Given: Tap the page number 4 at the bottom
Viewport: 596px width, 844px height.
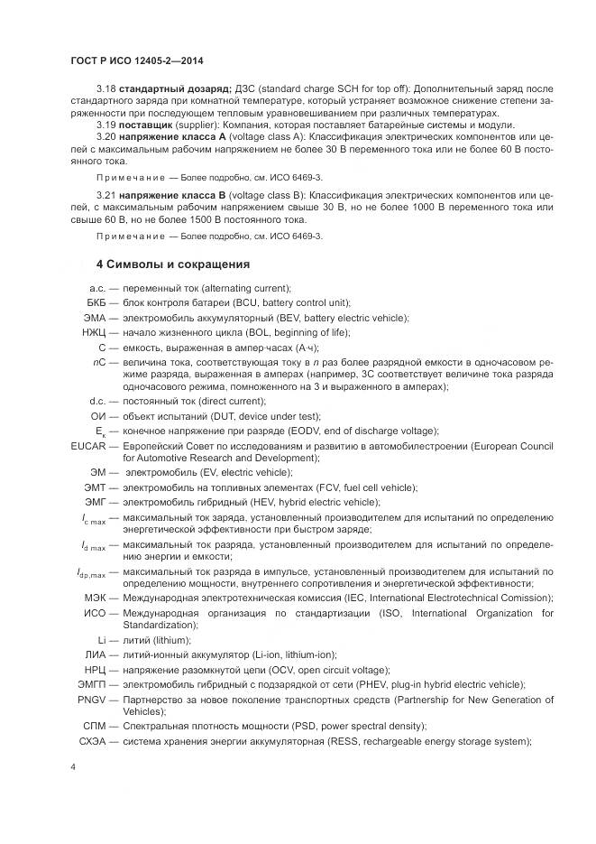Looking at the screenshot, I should click(x=73, y=766).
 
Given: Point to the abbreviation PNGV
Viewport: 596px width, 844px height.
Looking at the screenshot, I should click(x=93, y=699).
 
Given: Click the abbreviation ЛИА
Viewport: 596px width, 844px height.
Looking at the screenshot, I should click(x=96, y=654).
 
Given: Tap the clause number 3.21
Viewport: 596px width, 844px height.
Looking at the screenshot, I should click(x=105, y=193).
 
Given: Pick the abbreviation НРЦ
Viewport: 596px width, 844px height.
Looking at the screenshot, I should click(x=96, y=670).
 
